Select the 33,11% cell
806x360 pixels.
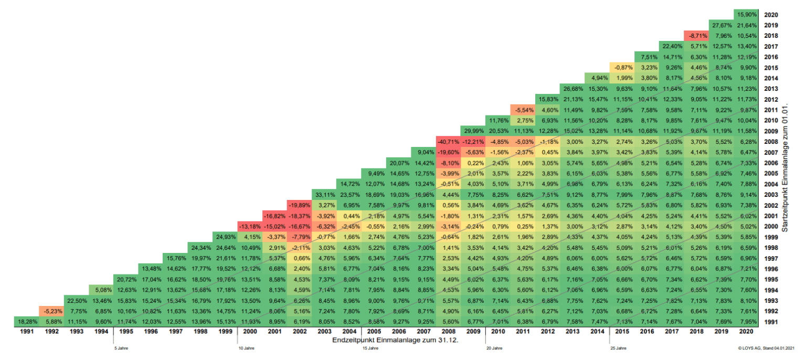tap(324, 194)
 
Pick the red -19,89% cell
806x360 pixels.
tap(299, 205)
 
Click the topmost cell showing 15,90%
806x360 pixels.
tap(746, 14)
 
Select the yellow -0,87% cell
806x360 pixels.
tap(622, 67)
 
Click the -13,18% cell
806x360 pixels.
tap(250, 226)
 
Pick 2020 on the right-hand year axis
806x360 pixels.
tap(771, 15)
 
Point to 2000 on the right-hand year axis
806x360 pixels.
tap(771, 226)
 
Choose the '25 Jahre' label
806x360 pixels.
tap(618, 347)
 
